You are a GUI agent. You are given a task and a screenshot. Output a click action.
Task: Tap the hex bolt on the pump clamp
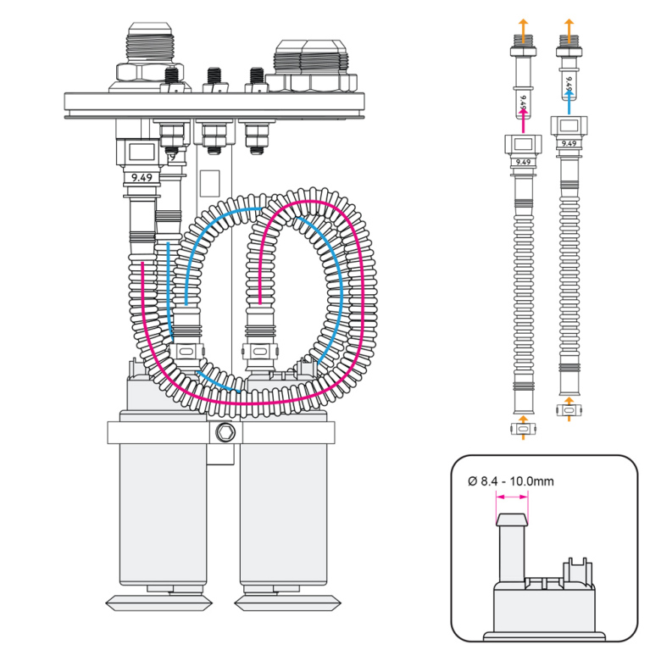tap(224, 433)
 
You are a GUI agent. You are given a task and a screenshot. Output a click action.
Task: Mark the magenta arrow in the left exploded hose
tap(523, 119)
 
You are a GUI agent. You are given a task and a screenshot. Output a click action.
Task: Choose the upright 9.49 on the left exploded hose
tap(523, 161)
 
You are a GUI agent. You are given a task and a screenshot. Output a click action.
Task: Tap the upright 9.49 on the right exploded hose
tap(569, 143)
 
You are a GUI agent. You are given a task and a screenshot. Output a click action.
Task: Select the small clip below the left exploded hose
tap(523, 430)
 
